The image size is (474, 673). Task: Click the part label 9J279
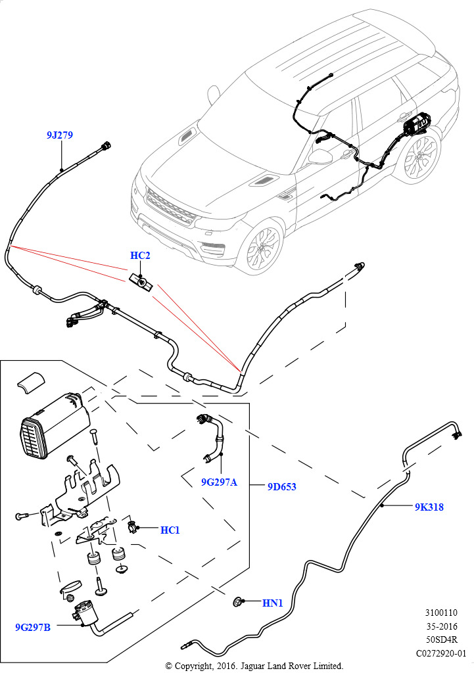coord(59,135)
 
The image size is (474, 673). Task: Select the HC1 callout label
coord(170,530)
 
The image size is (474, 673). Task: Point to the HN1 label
coord(272,602)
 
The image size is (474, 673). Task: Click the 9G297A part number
coord(219,482)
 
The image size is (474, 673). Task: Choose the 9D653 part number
coord(281,487)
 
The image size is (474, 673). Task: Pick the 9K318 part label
coord(429,507)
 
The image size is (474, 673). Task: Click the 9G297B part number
coord(33,627)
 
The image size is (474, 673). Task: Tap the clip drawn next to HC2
coord(141,281)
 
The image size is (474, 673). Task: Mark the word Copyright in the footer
coord(195,666)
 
